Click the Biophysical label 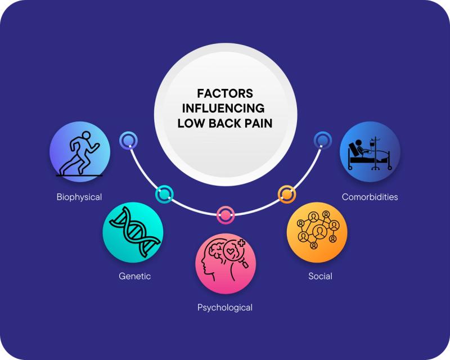79,197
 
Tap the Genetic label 135,276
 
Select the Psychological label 225,307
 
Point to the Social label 320,276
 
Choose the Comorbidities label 370,197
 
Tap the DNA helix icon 133,232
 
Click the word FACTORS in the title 224,93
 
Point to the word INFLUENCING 224,108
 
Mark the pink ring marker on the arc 225,214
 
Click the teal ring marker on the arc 164,195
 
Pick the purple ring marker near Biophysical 128,140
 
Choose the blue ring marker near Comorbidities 322,140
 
